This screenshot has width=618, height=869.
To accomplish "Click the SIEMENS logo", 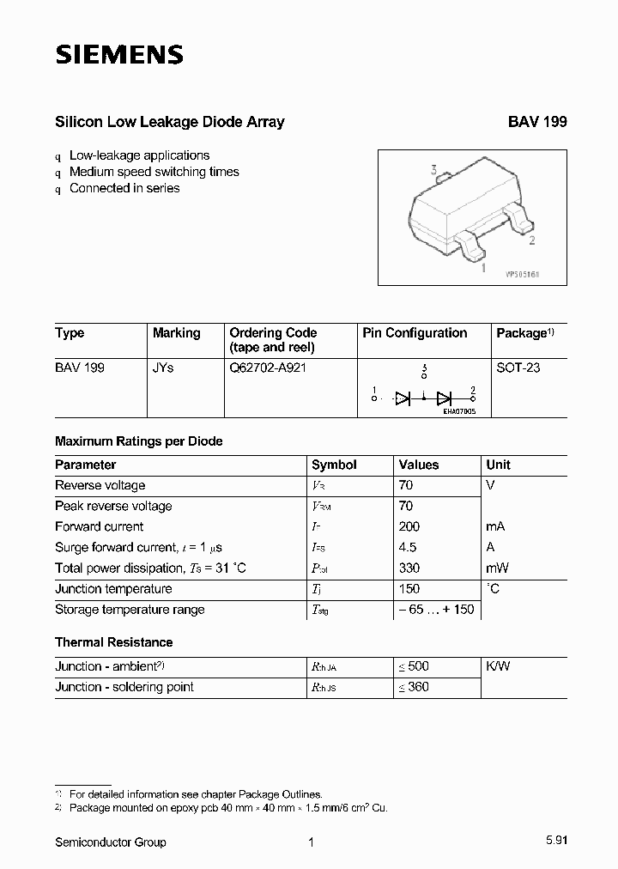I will point(119,55).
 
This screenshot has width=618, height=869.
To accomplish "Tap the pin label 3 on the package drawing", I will point(434,170).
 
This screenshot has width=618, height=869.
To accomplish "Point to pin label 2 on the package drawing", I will point(532,240).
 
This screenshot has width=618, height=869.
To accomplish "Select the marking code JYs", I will point(163,368).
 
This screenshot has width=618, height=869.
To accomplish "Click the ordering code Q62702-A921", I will point(268,368).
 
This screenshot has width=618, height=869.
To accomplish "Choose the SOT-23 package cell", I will point(518,368).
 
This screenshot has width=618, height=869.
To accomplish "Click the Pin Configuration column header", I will point(415,333).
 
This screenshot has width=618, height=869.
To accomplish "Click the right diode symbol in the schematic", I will point(444,398).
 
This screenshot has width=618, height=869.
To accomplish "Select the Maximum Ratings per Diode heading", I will point(138,441).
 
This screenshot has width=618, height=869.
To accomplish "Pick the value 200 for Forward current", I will point(409,526).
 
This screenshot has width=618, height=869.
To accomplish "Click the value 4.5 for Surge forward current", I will point(408,547).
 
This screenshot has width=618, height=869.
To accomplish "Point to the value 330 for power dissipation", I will point(409,568).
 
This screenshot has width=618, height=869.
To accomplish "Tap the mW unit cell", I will point(498,568).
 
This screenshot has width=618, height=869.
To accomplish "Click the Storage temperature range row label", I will point(130,610).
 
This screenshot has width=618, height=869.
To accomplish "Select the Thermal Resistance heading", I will point(113,642).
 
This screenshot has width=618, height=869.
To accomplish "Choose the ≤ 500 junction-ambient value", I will point(413,666).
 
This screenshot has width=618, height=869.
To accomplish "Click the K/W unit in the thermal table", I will point(498,666).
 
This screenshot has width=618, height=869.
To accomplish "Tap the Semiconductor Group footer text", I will point(111,842).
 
